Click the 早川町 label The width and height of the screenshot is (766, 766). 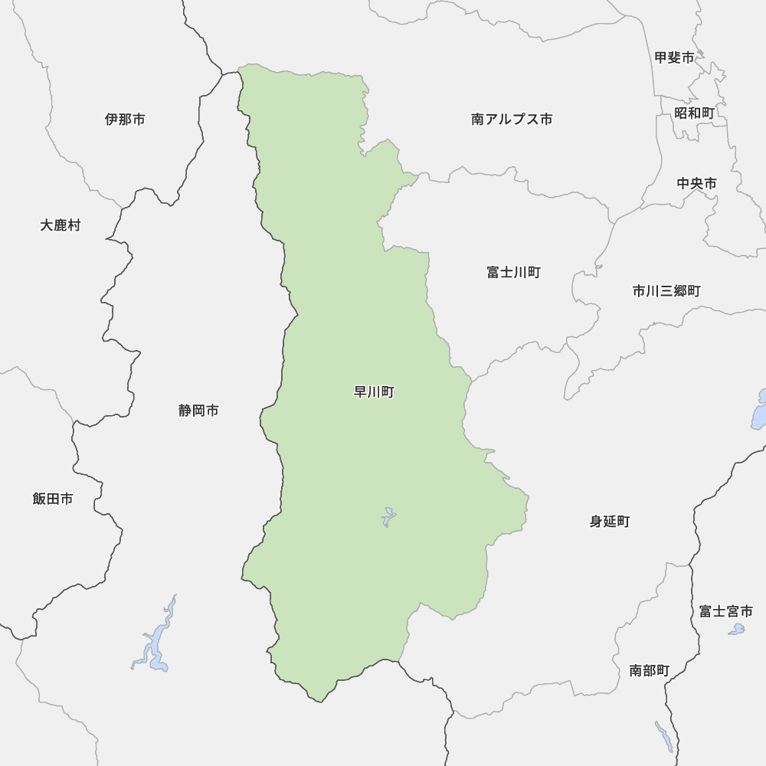(x=373, y=392)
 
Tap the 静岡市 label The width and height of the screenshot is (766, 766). (x=198, y=411)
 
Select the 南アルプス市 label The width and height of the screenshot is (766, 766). (x=512, y=119)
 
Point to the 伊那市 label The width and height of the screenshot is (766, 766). (x=125, y=119)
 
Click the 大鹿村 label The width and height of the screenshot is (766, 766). (x=60, y=225)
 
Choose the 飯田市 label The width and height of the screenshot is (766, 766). (x=53, y=499)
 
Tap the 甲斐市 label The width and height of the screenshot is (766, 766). (x=674, y=57)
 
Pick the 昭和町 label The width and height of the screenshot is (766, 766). (x=694, y=113)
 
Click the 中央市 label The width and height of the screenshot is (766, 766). (x=697, y=184)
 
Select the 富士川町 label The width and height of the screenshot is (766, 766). (x=513, y=272)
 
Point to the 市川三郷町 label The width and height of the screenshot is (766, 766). (x=666, y=291)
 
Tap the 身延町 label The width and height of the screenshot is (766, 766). (x=610, y=522)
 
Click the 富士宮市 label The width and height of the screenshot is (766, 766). (x=725, y=611)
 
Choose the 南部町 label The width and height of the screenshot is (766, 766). (x=649, y=671)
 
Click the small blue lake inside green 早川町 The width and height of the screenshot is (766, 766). (x=388, y=518)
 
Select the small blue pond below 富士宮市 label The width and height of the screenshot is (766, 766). (x=736, y=630)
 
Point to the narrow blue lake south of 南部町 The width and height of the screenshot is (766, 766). (x=664, y=736)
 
